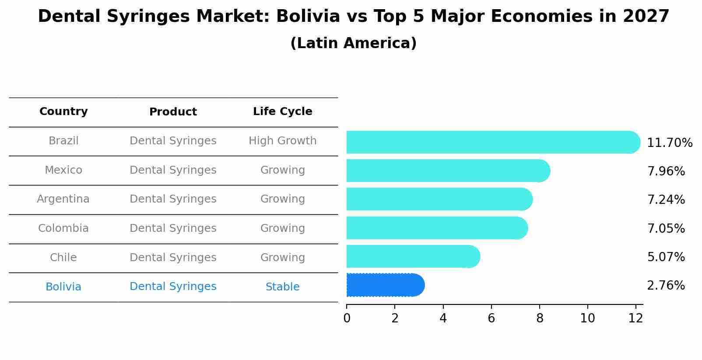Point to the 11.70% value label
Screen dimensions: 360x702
pyautogui.click(x=669, y=143)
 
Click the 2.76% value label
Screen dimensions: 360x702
pyautogui.click(x=666, y=286)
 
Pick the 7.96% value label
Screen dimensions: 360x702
pyautogui.click(x=666, y=171)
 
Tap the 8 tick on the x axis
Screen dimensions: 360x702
pyautogui.click(x=540, y=318)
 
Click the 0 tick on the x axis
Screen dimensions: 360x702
pyautogui.click(x=347, y=318)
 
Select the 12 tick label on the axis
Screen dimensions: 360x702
pyautogui.click(x=635, y=318)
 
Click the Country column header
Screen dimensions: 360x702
pyautogui.click(x=63, y=112)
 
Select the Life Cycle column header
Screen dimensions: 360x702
pyautogui.click(x=282, y=112)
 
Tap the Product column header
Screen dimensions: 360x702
pyautogui.click(x=173, y=112)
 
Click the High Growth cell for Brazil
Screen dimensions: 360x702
pyautogui.click(x=282, y=141)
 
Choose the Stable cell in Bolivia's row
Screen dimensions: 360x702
pyautogui.click(x=282, y=287)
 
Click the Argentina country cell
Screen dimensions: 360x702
pyautogui.click(x=63, y=199)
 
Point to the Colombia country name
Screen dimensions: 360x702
pyautogui.click(x=63, y=228)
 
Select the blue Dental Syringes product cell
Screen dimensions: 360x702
pyautogui.click(x=173, y=287)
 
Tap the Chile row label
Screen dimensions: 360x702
pyautogui.click(x=63, y=258)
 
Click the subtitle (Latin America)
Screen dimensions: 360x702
pyautogui.click(x=353, y=43)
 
